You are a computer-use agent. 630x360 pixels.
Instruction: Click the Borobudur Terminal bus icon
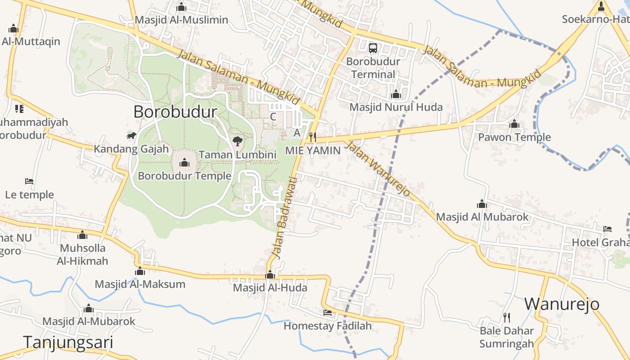373,48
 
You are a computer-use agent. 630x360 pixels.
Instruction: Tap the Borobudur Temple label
184,176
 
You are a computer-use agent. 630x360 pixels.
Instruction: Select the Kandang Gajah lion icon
131,136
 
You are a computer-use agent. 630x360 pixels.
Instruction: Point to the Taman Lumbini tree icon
238,141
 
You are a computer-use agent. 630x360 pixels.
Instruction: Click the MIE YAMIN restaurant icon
313,137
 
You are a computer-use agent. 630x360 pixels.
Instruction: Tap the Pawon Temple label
514,137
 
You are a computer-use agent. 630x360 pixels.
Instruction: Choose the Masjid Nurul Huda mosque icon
396,94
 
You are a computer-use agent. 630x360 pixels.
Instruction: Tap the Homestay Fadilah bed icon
328,312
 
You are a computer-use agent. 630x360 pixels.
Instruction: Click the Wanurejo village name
562,304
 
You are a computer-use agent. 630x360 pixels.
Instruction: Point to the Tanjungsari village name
68,342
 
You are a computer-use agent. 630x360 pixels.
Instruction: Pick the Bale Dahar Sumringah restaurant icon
507,318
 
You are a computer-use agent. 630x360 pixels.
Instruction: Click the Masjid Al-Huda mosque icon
270,274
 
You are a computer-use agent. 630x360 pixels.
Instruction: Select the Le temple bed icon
29,181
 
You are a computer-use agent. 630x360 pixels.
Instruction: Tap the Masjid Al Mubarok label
482,217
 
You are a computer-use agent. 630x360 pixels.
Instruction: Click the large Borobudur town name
175,112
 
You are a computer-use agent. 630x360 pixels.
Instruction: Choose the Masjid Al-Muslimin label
181,20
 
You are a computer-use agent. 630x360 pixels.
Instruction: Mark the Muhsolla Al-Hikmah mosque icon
82,235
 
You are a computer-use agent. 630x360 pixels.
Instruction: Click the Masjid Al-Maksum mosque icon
140,271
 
